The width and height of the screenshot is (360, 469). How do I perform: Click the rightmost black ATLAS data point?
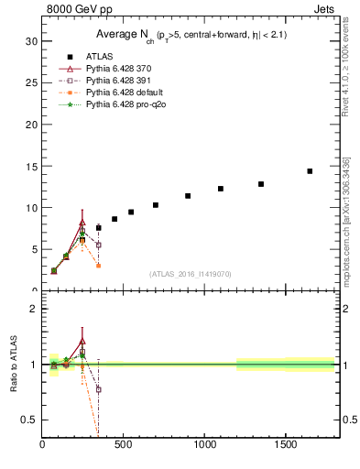pyautogui.click(x=310, y=171)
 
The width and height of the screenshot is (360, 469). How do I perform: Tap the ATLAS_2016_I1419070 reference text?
pyautogui.click(x=191, y=274)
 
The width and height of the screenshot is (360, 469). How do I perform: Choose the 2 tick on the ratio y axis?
pyautogui.click(x=34, y=309)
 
